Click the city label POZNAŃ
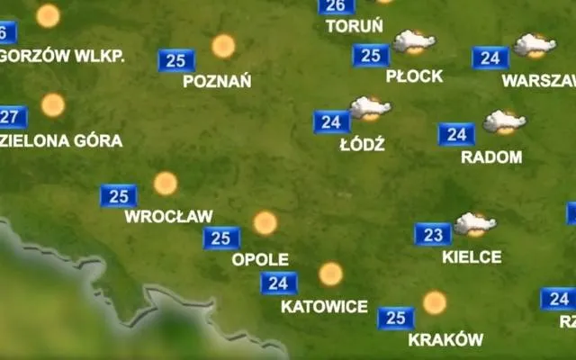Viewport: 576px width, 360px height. (216, 81)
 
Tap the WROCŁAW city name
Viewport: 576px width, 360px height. (168, 216)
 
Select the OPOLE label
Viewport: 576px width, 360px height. (260, 259)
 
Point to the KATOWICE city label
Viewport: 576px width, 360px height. (324, 306)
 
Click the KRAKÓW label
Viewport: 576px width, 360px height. (445, 340)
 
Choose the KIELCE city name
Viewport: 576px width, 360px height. (472, 256)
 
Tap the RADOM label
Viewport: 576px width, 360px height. (491, 157)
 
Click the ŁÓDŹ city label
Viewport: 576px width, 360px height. (363, 144)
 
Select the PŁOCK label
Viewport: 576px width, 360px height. (414, 76)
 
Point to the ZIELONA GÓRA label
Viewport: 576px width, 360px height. (61, 140)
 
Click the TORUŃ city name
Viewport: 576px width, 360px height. (354, 26)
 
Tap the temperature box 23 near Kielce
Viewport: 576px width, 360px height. (433, 235)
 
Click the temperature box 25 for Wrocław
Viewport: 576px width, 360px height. (118, 195)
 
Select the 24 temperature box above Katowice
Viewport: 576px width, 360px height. (279, 283)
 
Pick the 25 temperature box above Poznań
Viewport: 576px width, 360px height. (176, 60)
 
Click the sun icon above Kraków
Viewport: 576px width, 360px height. (435, 302)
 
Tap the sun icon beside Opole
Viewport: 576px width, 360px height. (265, 222)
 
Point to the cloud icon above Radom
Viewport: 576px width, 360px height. (504, 121)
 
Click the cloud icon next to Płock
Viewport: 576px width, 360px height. (414, 41)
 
